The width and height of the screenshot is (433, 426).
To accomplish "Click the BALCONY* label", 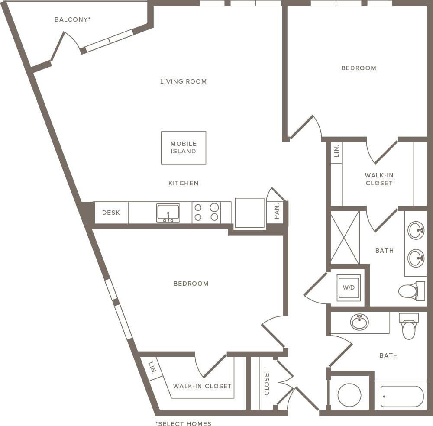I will [x=72, y=19].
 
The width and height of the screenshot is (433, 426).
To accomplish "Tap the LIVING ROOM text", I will [x=183, y=81].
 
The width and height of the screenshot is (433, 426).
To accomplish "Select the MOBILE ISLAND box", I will [x=184, y=148].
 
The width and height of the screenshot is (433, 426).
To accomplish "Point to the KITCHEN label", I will [x=183, y=183].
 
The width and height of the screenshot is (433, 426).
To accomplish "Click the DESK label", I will [x=111, y=213].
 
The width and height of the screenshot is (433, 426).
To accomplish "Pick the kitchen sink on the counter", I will [x=168, y=213].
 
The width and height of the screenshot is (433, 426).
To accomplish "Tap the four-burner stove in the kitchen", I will [x=206, y=213].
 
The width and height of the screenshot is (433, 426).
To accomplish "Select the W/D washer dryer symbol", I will [x=349, y=287].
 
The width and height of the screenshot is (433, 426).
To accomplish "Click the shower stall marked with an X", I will [x=345, y=237].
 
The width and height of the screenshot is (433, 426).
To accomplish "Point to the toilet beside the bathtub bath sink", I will [x=409, y=326].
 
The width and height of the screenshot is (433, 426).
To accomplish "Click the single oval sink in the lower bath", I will [x=359, y=322].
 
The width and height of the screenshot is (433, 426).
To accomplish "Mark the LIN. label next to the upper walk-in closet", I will [x=336, y=151].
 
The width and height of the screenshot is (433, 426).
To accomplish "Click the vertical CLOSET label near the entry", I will [x=267, y=382].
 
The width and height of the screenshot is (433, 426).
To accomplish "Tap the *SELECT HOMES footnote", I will [x=183, y=423].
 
